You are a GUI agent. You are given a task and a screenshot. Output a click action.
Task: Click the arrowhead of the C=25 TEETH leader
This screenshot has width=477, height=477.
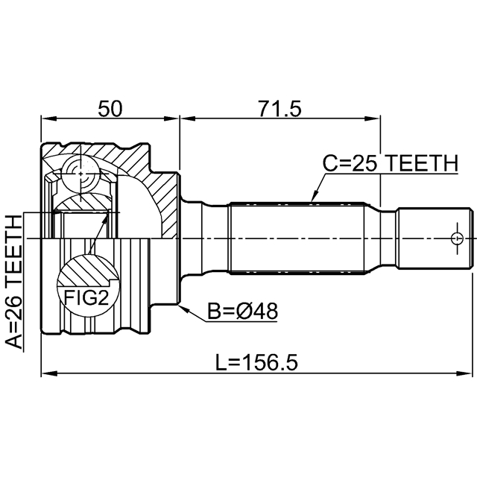click(x=312, y=199)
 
